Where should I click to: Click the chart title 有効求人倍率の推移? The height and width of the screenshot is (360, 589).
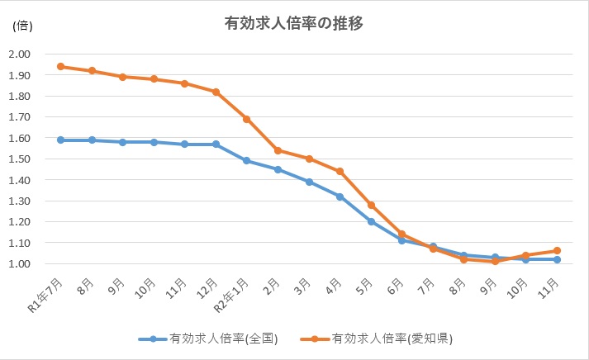click(x=294, y=23)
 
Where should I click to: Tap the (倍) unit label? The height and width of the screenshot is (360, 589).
click(x=22, y=26)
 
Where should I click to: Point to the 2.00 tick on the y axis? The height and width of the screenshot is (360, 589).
click(x=19, y=54)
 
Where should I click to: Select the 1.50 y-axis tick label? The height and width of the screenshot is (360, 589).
click(x=19, y=159)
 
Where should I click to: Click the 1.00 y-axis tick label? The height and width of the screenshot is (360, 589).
click(x=19, y=264)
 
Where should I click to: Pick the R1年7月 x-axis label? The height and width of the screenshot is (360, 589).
click(x=45, y=295)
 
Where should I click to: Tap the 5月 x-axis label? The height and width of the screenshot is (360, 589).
click(x=364, y=287)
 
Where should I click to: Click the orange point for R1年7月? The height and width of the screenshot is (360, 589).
click(x=61, y=67)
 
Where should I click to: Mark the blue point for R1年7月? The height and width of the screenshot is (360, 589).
click(x=61, y=140)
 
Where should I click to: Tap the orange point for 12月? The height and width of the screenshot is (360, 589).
click(x=216, y=92)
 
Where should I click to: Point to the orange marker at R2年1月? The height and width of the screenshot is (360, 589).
click(x=246, y=119)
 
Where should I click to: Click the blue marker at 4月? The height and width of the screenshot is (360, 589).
click(x=340, y=197)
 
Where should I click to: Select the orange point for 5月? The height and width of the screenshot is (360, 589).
click(x=371, y=205)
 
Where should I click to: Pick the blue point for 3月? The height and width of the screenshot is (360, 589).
click(x=309, y=182)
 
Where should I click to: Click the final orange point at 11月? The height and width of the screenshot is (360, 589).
click(x=557, y=251)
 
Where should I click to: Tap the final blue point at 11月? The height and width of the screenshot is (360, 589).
click(x=557, y=259)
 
